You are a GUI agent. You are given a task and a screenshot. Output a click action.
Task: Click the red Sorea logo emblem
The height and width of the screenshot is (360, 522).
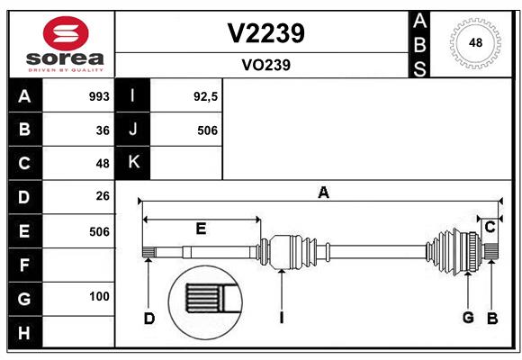(x=66, y=33)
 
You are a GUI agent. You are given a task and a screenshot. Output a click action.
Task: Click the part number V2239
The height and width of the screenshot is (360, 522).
(x=265, y=33)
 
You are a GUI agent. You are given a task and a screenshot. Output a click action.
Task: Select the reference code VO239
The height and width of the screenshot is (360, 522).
(x=266, y=65)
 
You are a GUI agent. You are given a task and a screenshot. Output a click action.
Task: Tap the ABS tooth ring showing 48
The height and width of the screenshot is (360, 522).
(x=475, y=43)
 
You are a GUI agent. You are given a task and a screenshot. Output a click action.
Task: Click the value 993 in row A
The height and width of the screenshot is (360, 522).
(x=99, y=96)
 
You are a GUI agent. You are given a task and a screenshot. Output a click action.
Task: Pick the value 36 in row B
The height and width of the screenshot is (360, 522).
(x=103, y=130)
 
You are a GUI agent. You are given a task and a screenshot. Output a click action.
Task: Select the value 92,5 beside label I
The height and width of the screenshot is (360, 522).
(x=205, y=97)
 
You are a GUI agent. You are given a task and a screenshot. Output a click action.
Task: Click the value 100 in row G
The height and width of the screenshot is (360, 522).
(x=99, y=296)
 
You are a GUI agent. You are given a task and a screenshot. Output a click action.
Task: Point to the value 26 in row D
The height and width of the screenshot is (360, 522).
(x=103, y=196)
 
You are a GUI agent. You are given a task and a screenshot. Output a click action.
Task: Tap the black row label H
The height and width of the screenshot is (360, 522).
(x=25, y=333)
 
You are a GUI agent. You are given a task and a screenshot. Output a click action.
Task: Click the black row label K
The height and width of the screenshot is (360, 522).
(x=133, y=163)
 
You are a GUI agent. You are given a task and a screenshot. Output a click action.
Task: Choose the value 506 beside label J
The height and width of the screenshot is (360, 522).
(x=207, y=130)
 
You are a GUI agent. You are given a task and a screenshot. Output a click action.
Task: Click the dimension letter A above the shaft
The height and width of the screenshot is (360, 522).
(x=323, y=193)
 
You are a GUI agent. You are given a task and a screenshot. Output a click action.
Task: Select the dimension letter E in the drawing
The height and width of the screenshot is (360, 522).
(x=201, y=229)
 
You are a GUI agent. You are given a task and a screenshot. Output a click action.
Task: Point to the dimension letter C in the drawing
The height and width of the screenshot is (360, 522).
(x=490, y=228)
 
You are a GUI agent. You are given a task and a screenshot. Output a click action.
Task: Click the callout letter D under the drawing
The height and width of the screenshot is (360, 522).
(x=149, y=319)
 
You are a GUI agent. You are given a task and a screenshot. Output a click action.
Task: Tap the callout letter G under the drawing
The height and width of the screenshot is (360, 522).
(x=468, y=318)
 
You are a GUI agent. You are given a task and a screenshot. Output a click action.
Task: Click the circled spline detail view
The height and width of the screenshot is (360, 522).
(x=205, y=302)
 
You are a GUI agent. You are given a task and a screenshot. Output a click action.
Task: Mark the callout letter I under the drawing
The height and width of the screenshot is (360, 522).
(x=282, y=318)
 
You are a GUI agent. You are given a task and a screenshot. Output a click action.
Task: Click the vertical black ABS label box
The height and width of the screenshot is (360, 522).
(x=419, y=45)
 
